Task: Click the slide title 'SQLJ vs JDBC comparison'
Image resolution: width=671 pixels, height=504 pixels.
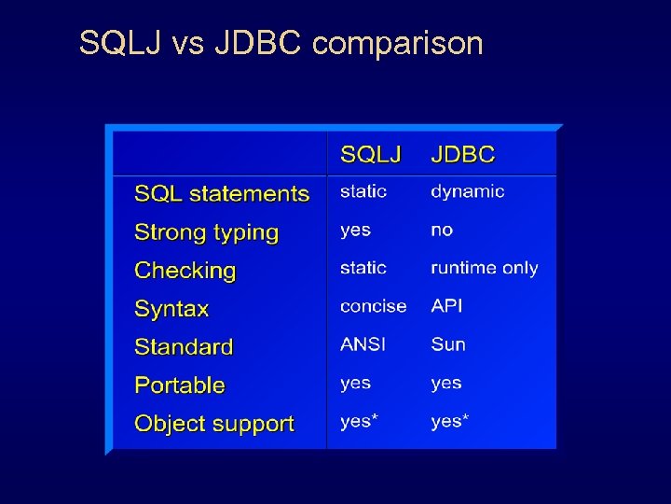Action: coord(281,43)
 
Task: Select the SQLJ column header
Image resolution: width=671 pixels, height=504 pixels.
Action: coord(370,154)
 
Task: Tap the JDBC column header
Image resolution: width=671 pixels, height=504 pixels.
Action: coord(462,154)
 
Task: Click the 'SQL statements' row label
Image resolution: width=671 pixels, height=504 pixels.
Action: coord(222,193)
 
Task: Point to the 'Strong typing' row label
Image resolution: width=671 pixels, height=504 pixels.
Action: coord(207,232)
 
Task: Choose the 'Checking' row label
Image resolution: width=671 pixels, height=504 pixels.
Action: coord(185,271)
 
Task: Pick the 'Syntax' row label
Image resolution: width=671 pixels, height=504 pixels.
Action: coord(171,309)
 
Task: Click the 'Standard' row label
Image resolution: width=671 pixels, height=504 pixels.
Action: coord(184,347)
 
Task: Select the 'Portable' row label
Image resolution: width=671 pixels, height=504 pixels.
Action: coord(180,385)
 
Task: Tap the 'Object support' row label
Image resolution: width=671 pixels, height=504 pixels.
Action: coord(214,424)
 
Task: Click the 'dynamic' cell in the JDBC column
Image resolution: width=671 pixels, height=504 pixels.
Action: coord(467,191)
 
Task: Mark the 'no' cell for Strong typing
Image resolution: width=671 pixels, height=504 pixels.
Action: coord(442,230)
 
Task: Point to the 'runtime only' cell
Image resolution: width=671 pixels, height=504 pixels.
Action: coord(484,268)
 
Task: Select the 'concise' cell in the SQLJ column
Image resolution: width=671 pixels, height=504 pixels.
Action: coord(373,306)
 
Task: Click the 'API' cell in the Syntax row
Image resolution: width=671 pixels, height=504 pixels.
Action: coord(446,306)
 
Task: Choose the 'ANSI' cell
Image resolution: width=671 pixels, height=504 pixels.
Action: coord(363,344)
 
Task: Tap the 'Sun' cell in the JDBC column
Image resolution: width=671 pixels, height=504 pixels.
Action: coord(447,344)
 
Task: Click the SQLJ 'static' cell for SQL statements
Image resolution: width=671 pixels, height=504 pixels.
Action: coord(363,191)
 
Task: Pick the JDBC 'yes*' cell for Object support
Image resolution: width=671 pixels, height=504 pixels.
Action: coord(449,421)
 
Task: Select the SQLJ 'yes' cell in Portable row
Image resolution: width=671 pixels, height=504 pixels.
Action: coord(355,383)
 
